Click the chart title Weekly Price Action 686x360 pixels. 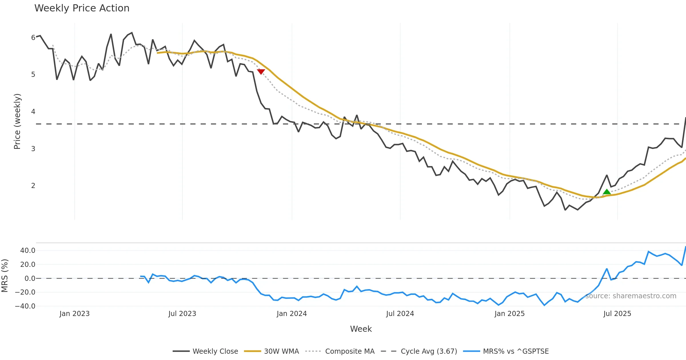click(82, 8)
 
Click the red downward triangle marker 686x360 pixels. click(261, 71)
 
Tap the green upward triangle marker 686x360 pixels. click(607, 192)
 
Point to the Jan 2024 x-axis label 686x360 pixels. click(292, 314)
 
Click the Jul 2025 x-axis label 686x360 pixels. click(617, 314)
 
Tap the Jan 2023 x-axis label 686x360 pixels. click(74, 314)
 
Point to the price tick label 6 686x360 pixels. click(33, 38)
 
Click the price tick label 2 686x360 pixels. click(33, 186)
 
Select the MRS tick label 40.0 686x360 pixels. click(28, 251)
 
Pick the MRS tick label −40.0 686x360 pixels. click(25, 306)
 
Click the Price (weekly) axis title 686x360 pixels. click(17, 121)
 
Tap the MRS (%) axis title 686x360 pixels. click(5, 275)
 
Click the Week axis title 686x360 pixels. click(361, 329)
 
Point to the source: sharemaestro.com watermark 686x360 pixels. click(631, 296)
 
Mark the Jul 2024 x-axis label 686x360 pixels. click(400, 314)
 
